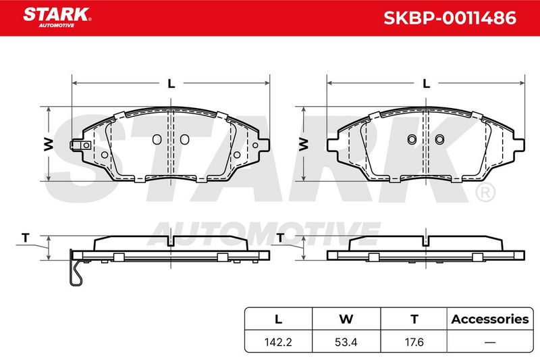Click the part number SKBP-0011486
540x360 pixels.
tap(450, 18)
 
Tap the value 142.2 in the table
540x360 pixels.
tap(278, 342)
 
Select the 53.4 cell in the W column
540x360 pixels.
tap(346, 342)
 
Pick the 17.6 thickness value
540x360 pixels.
tap(414, 342)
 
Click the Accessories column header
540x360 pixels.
tap(490, 319)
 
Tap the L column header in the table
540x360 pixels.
tap(278, 319)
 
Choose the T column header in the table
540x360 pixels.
tap(414, 319)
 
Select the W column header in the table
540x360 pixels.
tap(346, 319)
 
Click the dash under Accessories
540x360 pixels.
tap(490, 342)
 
